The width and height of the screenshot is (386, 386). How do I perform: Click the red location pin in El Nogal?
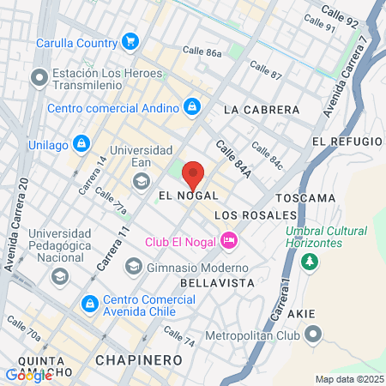click(193, 174)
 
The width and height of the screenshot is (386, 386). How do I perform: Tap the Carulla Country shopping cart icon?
click(130, 41)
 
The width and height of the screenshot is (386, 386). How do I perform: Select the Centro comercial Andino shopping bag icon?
click(193, 108)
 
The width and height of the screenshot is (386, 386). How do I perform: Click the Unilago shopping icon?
click(81, 143)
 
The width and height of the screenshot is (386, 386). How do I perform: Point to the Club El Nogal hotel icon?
click(228, 241)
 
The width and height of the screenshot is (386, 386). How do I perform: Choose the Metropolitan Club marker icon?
click(314, 335)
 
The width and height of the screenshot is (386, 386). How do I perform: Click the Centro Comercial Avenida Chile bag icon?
click(88, 304)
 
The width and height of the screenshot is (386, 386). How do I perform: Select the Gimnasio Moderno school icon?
click(133, 267)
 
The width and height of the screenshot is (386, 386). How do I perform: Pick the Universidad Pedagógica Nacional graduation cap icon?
click(59, 276)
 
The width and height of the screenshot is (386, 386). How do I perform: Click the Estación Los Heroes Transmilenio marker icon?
click(39, 79)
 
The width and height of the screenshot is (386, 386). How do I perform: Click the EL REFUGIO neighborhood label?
click(347, 141)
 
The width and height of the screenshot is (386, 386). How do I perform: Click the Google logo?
click(28, 375)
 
